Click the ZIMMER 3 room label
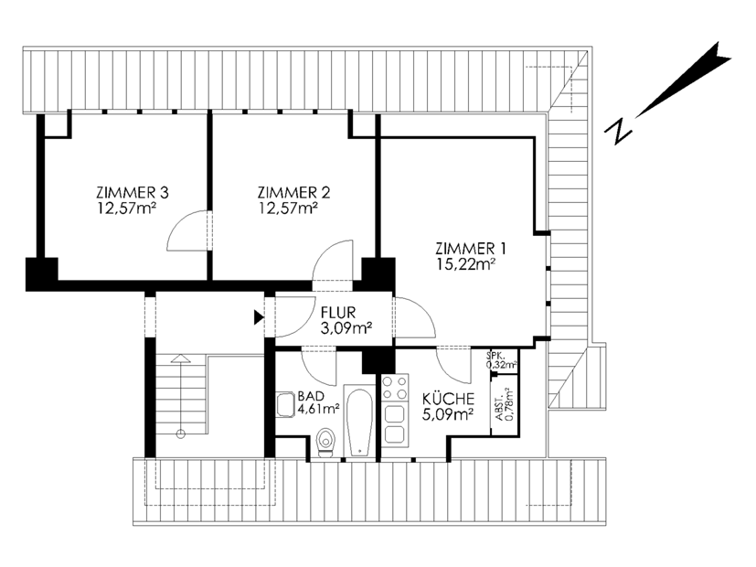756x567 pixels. (x=133, y=193)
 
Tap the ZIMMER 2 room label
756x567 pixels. (x=293, y=193)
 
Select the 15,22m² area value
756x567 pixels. (x=466, y=264)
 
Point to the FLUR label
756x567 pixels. (x=338, y=313)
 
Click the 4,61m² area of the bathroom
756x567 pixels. (x=319, y=410)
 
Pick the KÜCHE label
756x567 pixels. (x=449, y=399)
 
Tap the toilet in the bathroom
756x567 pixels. (x=326, y=443)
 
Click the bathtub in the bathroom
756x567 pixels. (x=359, y=421)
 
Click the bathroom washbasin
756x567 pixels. (x=286, y=404)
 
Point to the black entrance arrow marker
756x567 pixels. (x=260, y=317)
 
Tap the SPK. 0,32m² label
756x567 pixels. (x=502, y=359)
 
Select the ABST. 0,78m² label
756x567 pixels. (x=505, y=405)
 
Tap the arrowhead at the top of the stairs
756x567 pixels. (x=180, y=358)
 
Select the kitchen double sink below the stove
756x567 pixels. (x=395, y=424)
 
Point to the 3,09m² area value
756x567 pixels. (x=346, y=328)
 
